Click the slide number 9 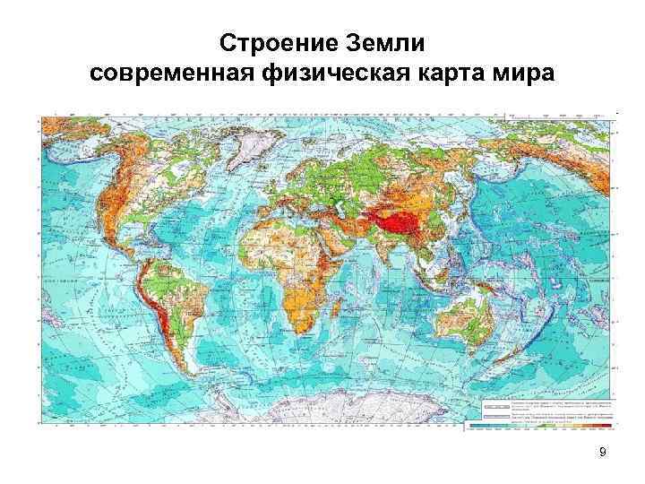point(602,452)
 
